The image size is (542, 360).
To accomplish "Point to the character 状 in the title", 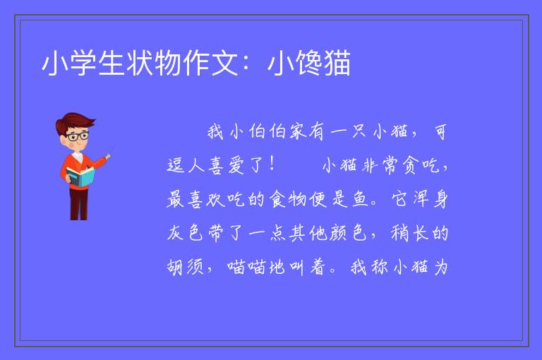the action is (140, 63).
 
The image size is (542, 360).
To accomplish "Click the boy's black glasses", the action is (78, 136).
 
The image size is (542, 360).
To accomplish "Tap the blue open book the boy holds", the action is (80, 176).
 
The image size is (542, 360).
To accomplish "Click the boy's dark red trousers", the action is (78, 203).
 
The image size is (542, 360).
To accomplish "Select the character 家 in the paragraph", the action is (298, 132).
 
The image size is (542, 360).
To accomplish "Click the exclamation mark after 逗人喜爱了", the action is (272, 164).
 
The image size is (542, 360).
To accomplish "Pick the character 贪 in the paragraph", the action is (409, 165).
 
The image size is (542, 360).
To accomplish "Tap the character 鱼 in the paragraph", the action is (361, 199).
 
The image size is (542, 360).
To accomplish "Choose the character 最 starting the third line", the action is (175, 199).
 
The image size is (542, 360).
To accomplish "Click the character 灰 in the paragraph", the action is (175, 233).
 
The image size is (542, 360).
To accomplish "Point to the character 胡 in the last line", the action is (175, 267).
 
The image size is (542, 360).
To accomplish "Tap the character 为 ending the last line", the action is (441, 267).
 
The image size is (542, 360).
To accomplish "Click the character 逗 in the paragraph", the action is (175, 165).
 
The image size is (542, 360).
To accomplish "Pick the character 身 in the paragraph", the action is (440, 199).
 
